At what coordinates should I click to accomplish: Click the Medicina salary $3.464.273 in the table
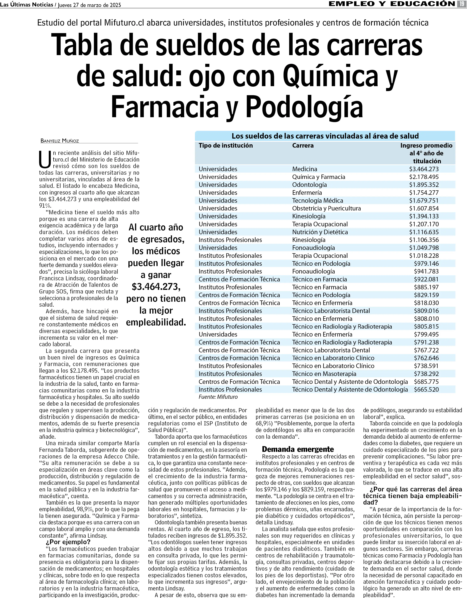(424, 169)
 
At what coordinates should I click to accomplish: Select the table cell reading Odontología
(309, 185)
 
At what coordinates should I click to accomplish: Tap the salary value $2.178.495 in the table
(424, 177)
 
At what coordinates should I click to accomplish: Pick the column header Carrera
(303, 145)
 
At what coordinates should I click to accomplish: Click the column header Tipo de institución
(226, 145)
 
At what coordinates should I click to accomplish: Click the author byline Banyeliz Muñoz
(60, 141)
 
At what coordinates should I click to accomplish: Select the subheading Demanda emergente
(298, 449)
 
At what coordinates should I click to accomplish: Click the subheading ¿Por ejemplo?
(68, 542)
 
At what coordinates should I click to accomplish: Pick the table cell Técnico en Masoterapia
(324, 374)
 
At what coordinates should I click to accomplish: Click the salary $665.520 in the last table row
(426, 389)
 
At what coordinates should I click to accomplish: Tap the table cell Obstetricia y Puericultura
(326, 208)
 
